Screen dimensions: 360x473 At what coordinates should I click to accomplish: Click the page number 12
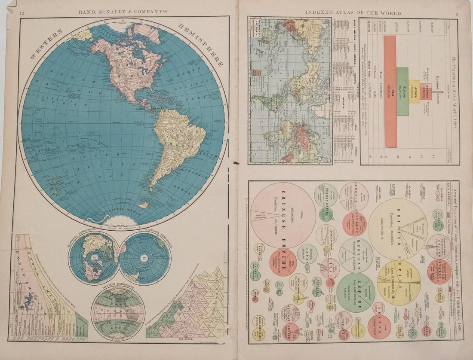pyautogui.click(x=21, y=13)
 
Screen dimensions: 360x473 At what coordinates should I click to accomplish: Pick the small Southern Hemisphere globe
pyautogui.click(x=144, y=258)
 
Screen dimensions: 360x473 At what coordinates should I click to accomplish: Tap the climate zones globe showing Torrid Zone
pyautogui.click(x=118, y=313)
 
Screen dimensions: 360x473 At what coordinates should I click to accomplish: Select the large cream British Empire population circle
pyautogui.click(x=398, y=228)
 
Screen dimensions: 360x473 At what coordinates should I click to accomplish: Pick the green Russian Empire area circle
pyautogui.click(x=356, y=292)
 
